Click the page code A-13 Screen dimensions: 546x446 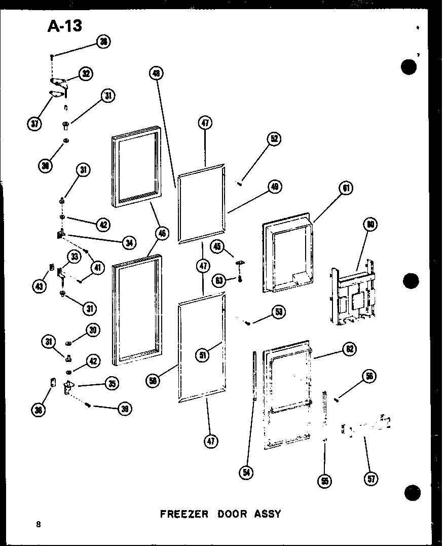coord(64,25)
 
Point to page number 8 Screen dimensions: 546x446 coord(39,525)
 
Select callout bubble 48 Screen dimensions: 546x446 coord(157,74)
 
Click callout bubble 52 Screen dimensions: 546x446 coord(274,139)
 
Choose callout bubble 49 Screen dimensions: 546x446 coord(275,187)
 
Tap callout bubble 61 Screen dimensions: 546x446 coord(346,189)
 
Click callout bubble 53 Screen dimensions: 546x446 coord(278,311)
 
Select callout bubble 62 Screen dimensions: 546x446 coord(349,349)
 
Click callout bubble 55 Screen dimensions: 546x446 coord(324,480)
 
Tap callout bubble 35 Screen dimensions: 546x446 coord(111,384)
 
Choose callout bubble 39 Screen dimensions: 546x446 coord(124,409)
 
